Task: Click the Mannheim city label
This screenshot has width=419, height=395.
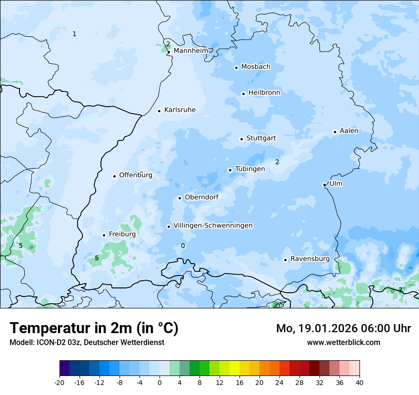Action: click(191, 51)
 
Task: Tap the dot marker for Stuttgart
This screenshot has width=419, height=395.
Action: click(241, 139)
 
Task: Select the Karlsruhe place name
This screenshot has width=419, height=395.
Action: click(180, 110)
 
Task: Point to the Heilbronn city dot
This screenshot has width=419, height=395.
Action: click(243, 94)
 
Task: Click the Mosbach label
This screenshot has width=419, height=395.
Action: click(256, 67)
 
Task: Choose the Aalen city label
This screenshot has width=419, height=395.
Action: click(349, 131)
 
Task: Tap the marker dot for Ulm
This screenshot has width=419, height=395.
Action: click(324, 185)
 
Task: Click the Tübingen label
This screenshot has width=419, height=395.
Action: click(250, 169)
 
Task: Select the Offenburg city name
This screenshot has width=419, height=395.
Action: click(136, 175)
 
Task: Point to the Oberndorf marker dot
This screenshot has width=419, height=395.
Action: click(180, 198)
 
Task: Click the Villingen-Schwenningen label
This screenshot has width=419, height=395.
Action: click(213, 226)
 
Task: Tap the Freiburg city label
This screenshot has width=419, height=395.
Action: click(122, 234)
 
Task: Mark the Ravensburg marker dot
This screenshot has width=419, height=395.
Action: click(285, 260)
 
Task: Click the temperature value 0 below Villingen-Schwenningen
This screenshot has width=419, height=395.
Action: click(183, 246)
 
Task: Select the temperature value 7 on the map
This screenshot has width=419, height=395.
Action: click(400, 290)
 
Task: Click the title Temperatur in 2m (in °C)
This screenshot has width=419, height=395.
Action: click(94, 328)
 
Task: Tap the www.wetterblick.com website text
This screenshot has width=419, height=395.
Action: click(344, 343)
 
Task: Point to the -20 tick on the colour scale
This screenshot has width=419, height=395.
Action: click(60, 382)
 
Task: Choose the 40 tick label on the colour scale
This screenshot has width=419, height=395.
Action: click(359, 382)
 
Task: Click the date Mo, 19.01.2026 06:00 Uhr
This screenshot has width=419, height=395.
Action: click(344, 328)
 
